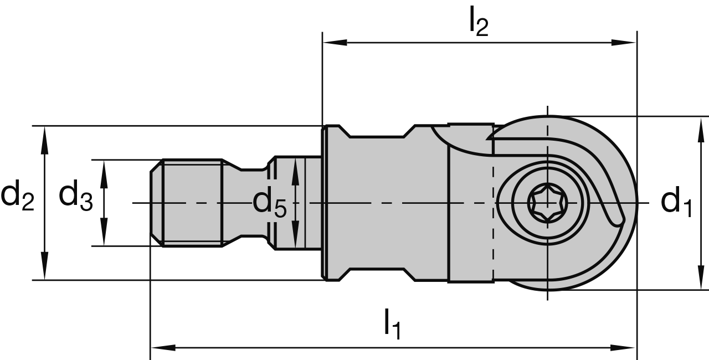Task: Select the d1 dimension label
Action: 676,202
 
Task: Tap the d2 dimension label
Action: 18,197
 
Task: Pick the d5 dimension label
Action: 270,203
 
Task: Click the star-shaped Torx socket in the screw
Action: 547,203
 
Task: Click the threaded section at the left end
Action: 191,203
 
